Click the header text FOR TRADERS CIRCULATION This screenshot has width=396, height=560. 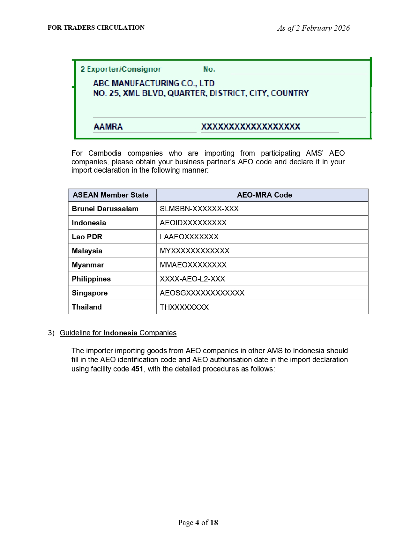[x=96, y=28]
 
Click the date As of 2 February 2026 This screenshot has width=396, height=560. [x=313, y=28]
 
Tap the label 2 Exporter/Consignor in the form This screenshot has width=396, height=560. [x=121, y=69]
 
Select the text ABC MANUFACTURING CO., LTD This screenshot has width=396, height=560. [x=153, y=83]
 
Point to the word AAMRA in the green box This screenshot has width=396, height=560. [x=108, y=127]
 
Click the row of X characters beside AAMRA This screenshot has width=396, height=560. [x=250, y=127]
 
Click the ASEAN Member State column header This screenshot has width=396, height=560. [x=110, y=195]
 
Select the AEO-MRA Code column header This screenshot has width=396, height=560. [x=264, y=195]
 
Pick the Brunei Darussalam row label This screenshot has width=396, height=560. [x=105, y=209]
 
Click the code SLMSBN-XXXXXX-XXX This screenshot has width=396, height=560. [x=199, y=209]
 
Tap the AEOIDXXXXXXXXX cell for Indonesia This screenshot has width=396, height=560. [x=193, y=223]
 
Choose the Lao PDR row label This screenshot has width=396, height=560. [x=87, y=237]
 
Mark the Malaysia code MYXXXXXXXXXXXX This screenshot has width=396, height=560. [x=195, y=251]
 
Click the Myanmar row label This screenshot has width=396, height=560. [x=88, y=265]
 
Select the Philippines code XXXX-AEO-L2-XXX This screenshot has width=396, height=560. [x=192, y=279]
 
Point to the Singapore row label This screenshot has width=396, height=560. [x=90, y=293]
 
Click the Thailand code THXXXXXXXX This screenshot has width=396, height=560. [x=184, y=307]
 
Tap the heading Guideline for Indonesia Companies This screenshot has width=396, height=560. [x=118, y=333]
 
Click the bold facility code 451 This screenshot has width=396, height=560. [x=137, y=369]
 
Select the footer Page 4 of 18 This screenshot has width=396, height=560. [x=198, y=522]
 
